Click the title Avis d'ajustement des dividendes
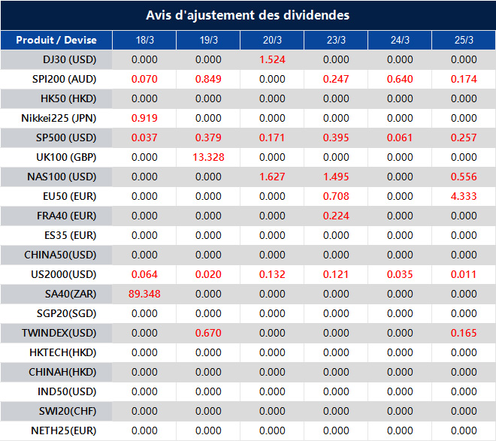tap(247, 15)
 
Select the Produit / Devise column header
tap(56, 40)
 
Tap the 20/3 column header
tap(272, 40)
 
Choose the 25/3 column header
tap(464, 40)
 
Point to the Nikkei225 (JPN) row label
tap(59, 118)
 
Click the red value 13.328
tap(208, 157)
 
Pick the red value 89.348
tap(144, 294)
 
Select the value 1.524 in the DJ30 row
tap(272, 59)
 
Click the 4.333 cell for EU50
tap(464, 196)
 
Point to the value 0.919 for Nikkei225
tap(144, 118)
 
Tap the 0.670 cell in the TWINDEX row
tap(208, 333)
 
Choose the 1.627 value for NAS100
tap(272, 177)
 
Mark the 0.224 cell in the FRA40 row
tap(336, 216)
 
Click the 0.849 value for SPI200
tap(208, 79)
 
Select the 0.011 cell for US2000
tap(464, 274)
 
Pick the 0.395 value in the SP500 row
tap(336, 137)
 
